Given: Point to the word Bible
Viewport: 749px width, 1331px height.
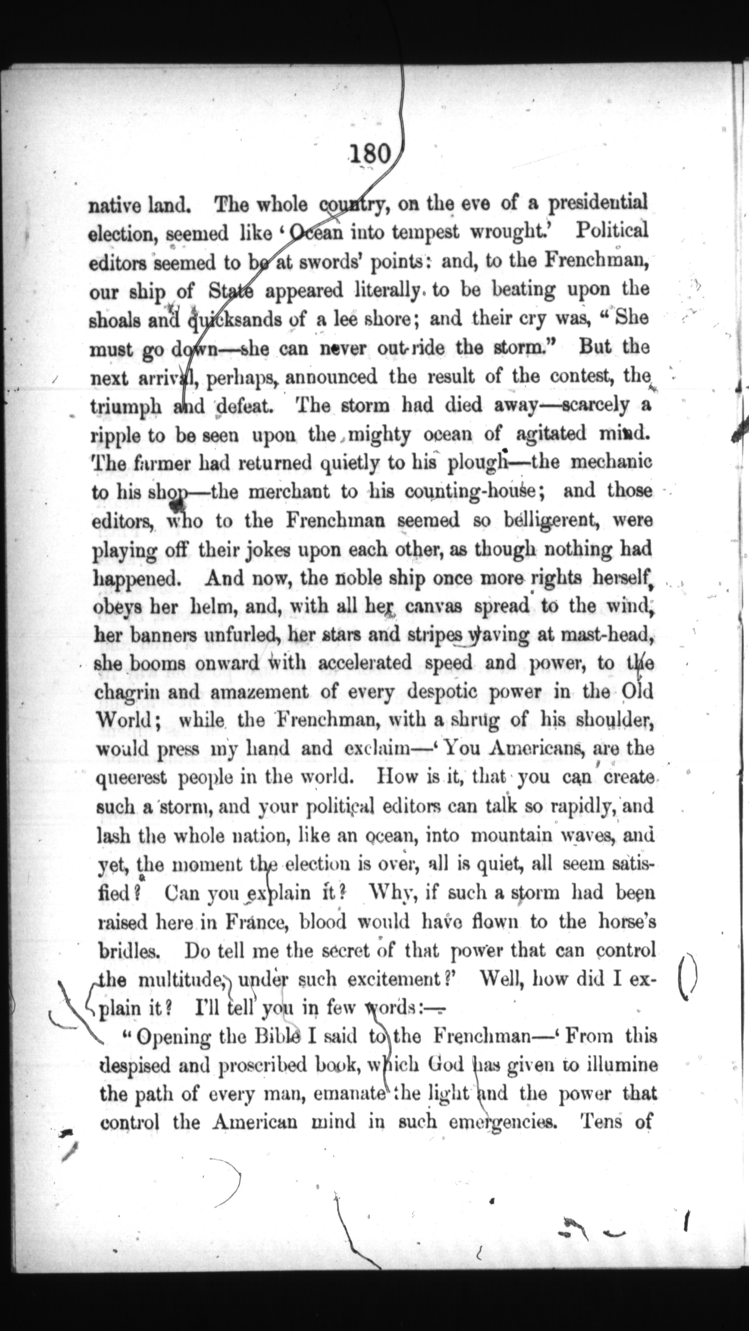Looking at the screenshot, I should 272,1036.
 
